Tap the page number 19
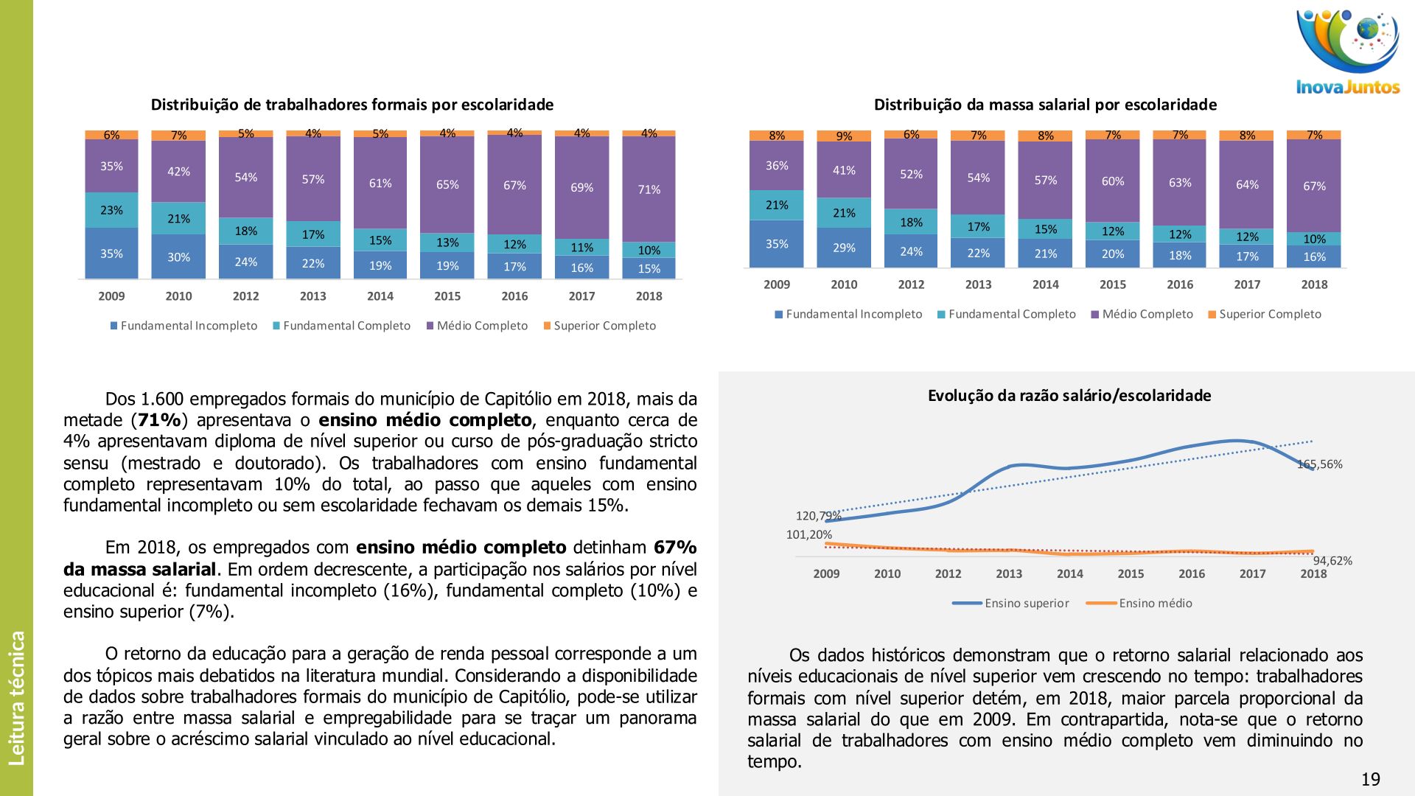click(1370, 779)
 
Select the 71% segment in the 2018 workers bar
click(649, 189)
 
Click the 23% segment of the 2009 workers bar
click(111, 210)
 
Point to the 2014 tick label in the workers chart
click(380, 296)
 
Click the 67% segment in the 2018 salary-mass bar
click(1314, 186)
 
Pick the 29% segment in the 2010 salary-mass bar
click(844, 248)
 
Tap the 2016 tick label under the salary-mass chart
click(1180, 284)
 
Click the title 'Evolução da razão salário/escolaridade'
click(1069, 396)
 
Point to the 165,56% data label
click(1321, 464)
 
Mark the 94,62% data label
click(1332, 561)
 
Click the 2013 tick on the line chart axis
click(1009, 573)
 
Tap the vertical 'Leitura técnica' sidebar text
click(17, 697)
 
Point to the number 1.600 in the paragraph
click(162, 399)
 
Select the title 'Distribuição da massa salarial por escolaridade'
click(1045, 105)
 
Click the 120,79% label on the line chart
click(818, 516)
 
